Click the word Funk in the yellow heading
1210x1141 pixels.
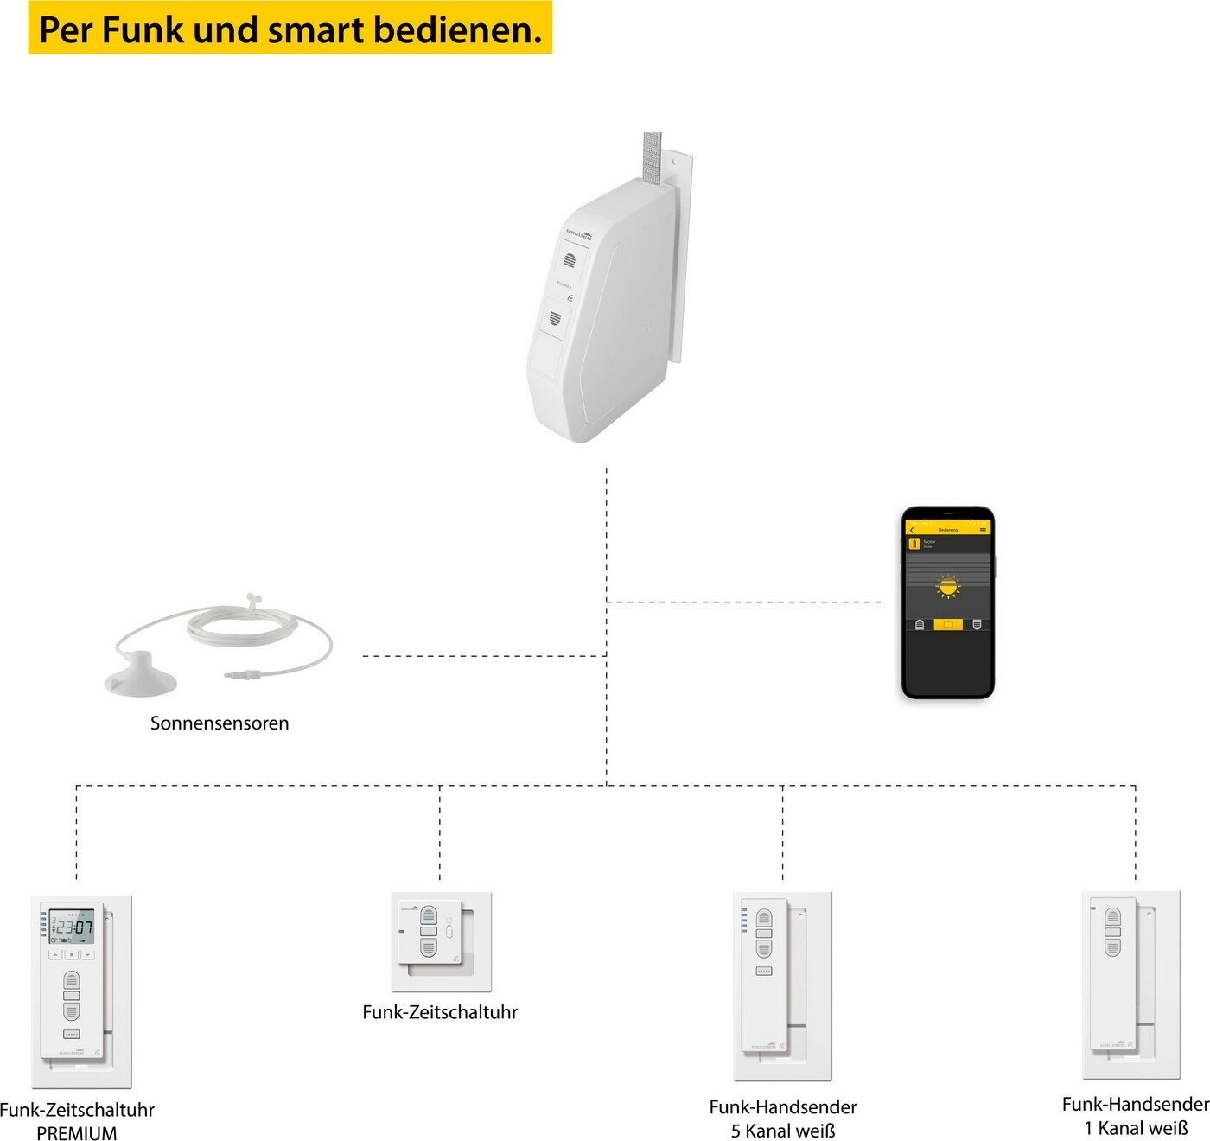coord(143,29)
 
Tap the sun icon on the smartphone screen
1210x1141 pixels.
coord(948,587)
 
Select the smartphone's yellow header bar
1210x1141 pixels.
coord(947,529)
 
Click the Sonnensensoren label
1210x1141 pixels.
coord(220,723)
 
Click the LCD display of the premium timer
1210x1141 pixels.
coord(72,927)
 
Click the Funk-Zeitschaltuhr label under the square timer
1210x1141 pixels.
coord(440,1012)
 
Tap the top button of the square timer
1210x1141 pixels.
coord(429,915)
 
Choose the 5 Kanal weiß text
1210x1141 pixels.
coord(783,1131)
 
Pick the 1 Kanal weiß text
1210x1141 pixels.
coord(1136,1128)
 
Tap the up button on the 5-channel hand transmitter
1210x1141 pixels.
coord(763,918)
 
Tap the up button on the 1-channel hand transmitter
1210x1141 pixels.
coord(1113,917)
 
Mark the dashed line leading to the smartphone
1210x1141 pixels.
coord(743,602)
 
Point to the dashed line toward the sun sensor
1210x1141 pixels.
coord(484,656)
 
